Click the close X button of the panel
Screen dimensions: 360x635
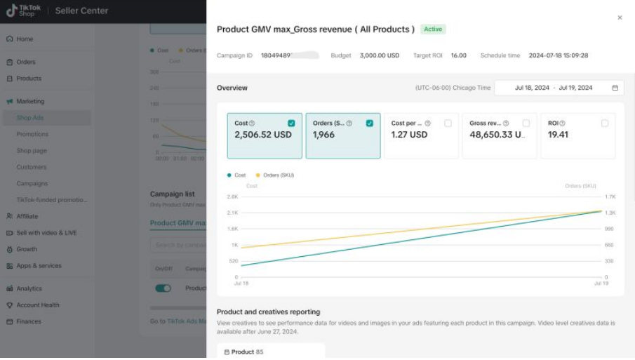[x=620, y=18]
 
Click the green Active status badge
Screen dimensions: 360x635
[x=433, y=29]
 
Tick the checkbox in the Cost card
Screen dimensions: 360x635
[x=291, y=124]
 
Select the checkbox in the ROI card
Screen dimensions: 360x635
[x=605, y=124]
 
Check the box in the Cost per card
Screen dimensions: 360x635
[x=448, y=124]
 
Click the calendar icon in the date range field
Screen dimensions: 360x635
[x=615, y=88]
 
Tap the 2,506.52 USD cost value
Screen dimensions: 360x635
[x=262, y=135]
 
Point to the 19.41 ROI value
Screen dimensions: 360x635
[x=558, y=135]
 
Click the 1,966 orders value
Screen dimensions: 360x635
[x=323, y=135]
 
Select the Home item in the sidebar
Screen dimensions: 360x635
[x=25, y=39]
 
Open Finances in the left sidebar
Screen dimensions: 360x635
[x=28, y=321]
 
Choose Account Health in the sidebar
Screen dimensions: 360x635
[x=37, y=305]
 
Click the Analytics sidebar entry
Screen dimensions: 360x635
[x=29, y=288]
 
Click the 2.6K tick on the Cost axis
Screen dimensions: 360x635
[x=233, y=196]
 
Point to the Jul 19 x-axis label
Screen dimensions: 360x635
[x=601, y=283]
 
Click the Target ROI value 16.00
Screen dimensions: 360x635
[x=458, y=55]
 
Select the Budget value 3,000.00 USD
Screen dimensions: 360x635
[x=380, y=55]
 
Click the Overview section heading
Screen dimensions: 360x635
[x=232, y=88]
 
